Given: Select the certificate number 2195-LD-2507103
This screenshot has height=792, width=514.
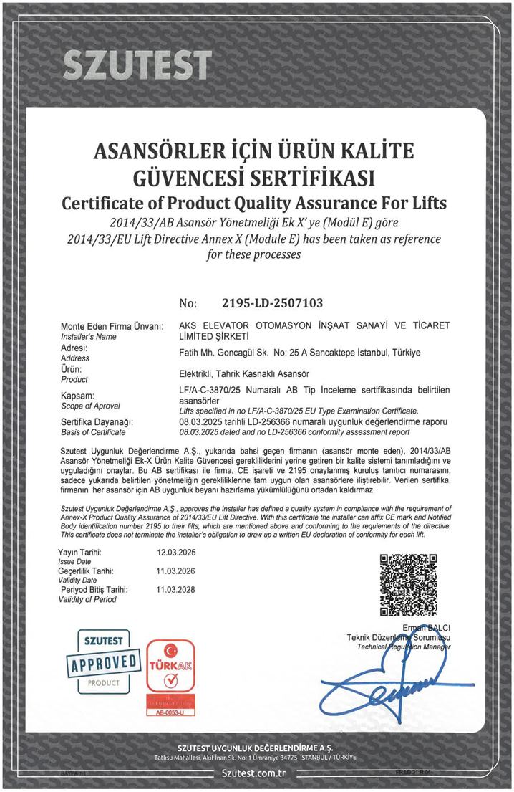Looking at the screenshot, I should tap(263, 302).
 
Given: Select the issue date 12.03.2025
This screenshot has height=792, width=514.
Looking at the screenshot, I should tap(175, 553).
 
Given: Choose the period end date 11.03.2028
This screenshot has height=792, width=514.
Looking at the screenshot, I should tap(175, 589).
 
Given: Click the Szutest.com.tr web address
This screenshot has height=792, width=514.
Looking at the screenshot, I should tap(254, 773).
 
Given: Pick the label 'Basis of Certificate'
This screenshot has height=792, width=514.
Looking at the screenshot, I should tap(93, 432).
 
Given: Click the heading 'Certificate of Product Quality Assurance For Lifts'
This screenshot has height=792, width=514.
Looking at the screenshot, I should tap(254, 203).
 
